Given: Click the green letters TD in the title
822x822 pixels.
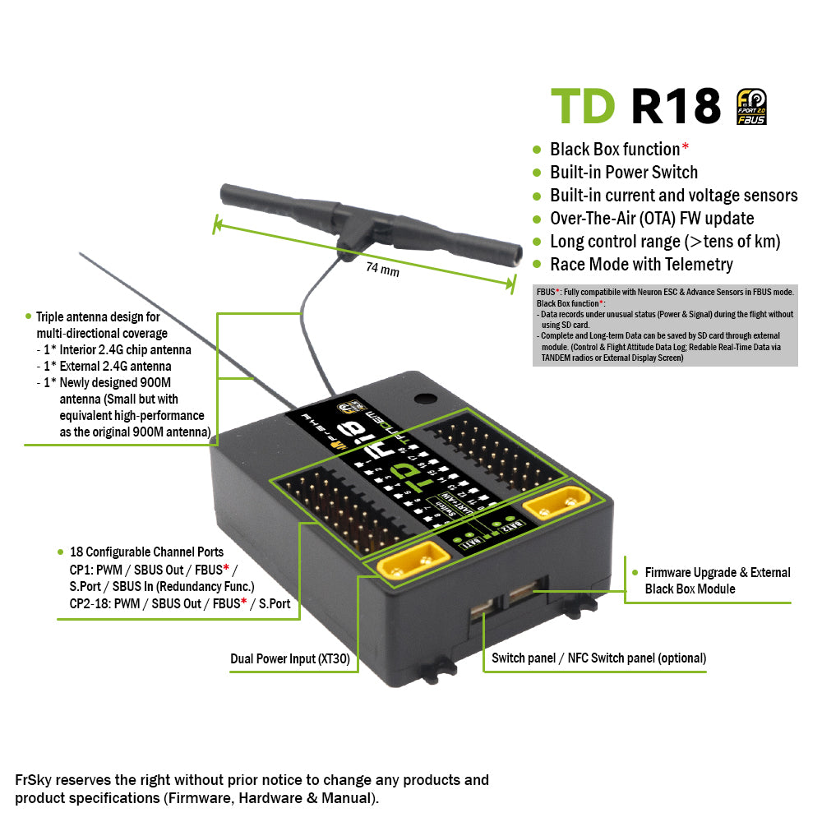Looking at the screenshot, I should click(582, 106).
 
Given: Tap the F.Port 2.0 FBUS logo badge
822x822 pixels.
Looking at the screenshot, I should click(751, 106).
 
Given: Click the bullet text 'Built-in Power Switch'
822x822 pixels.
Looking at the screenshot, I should click(623, 172).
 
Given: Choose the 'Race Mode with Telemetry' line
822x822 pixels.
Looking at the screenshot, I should click(641, 264).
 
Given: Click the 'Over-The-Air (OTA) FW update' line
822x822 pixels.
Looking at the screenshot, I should click(652, 218).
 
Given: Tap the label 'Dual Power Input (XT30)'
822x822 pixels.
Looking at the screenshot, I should click(292, 658).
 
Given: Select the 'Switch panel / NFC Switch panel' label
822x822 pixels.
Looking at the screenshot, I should click(598, 658).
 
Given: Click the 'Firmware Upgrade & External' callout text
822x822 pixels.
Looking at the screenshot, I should click(717, 572).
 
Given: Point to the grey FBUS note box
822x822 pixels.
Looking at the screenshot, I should click(666, 325).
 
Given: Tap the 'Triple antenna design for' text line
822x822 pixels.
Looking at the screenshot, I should click(98, 316).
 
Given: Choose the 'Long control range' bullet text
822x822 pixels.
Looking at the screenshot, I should click(665, 241).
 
